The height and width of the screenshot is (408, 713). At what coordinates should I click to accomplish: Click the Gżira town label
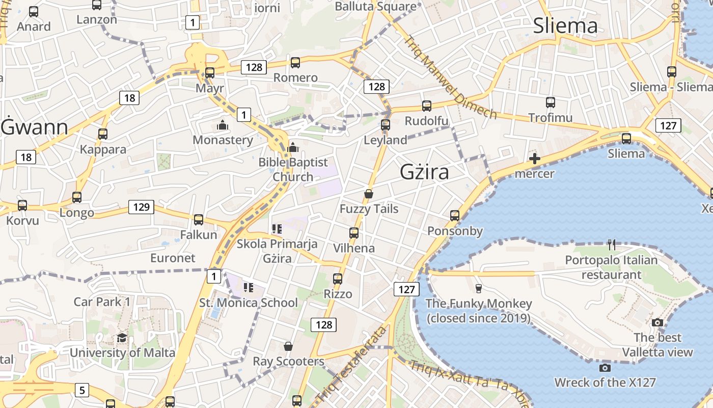click(424, 172)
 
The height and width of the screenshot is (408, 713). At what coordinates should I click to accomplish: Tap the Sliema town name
click(565, 26)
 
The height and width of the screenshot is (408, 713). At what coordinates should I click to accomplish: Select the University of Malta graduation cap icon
click(122, 338)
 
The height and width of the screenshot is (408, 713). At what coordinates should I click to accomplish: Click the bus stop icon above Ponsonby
click(455, 216)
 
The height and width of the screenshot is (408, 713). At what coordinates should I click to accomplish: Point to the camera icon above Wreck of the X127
click(605, 368)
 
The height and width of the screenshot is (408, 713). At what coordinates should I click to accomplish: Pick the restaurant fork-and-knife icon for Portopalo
click(612, 245)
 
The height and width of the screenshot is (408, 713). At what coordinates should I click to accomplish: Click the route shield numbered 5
click(81, 391)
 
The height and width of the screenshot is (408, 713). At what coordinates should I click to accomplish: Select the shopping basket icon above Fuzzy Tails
click(369, 194)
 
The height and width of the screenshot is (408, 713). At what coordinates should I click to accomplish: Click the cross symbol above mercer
click(534, 159)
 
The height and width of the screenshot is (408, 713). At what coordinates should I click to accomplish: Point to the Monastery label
click(223, 140)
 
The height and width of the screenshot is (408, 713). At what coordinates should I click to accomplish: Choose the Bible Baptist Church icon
click(293, 148)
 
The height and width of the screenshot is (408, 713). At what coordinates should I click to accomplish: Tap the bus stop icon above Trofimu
click(550, 103)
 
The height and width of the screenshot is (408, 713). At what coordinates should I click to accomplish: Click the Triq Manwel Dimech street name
click(450, 76)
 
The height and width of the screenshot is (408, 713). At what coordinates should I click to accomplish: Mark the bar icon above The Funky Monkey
click(478, 289)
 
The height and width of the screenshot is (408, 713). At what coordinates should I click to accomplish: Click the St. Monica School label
click(249, 302)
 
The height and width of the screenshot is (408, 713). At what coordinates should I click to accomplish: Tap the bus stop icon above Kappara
click(103, 134)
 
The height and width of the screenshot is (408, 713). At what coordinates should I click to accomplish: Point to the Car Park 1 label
click(102, 301)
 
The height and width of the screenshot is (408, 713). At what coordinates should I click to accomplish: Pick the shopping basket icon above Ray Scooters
click(288, 347)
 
